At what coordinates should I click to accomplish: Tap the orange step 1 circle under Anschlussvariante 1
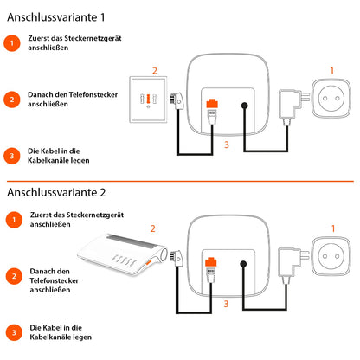11,42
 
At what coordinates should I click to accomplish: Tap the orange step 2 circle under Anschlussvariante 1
11,99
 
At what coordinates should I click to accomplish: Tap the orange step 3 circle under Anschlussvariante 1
11,156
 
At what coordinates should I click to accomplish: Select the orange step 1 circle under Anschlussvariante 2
11,221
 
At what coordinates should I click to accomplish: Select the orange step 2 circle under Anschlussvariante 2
11,278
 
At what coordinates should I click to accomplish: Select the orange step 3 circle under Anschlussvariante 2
11,333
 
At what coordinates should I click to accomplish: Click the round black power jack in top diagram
245,108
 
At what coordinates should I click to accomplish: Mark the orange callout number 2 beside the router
153,228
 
